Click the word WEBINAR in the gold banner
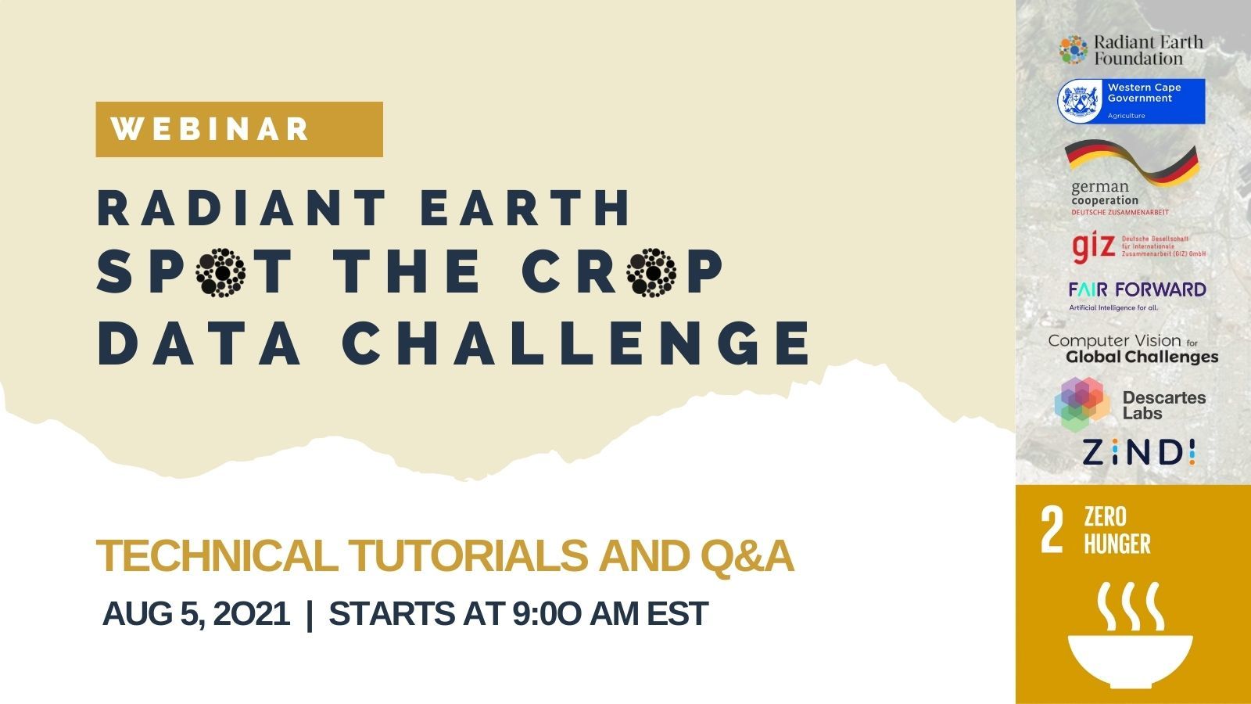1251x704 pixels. tap(210, 129)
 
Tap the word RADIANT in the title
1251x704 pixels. tap(242, 207)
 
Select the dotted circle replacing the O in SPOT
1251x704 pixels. tap(220, 273)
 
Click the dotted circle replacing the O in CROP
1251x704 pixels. tap(651, 273)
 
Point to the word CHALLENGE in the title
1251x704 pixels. tap(575, 343)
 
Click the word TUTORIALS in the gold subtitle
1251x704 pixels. tap(468, 556)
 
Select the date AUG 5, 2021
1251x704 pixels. tap(196, 613)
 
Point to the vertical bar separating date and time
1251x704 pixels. tap(310, 615)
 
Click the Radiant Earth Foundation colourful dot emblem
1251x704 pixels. tap(1074, 50)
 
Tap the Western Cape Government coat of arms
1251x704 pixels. tap(1080, 101)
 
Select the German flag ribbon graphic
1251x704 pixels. tap(1131, 161)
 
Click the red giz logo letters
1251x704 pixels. tap(1092, 247)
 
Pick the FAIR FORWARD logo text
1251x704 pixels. tap(1137, 289)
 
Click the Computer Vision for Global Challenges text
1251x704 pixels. tap(1133, 349)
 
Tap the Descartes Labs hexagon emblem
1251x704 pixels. tap(1082, 404)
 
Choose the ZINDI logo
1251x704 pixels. tap(1138, 452)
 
